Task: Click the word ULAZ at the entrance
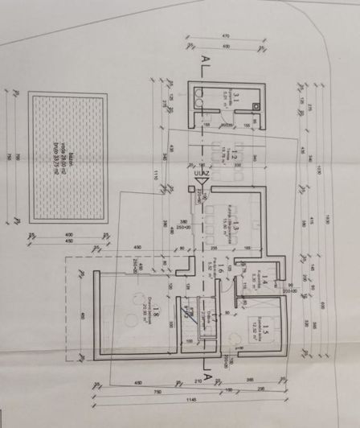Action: click(200, 173)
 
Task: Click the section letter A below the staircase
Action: click(208, 375)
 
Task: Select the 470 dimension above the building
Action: click(226, 35)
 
